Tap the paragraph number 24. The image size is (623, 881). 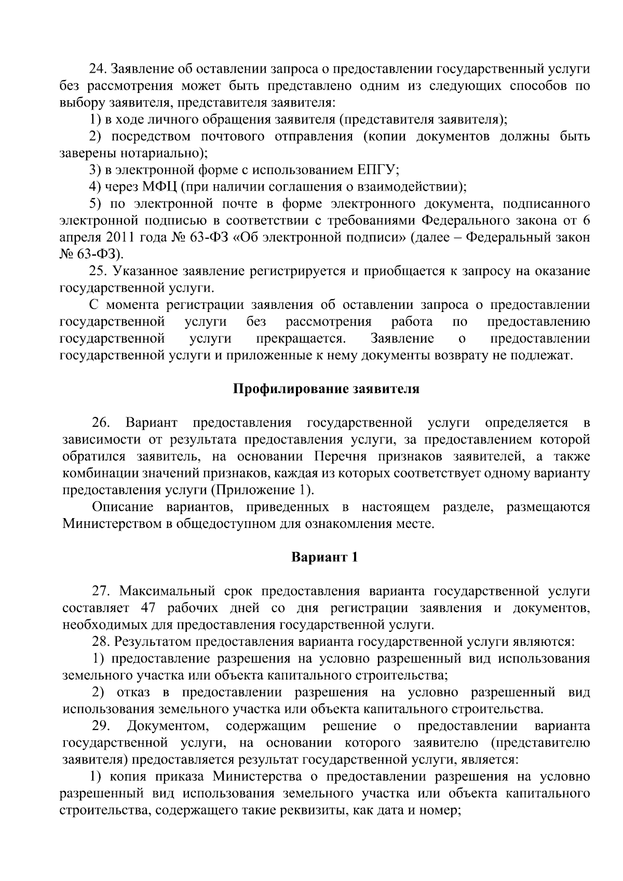coord(98,69)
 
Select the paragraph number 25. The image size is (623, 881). coord(98,271)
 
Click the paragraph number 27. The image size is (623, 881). coord(102,591)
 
